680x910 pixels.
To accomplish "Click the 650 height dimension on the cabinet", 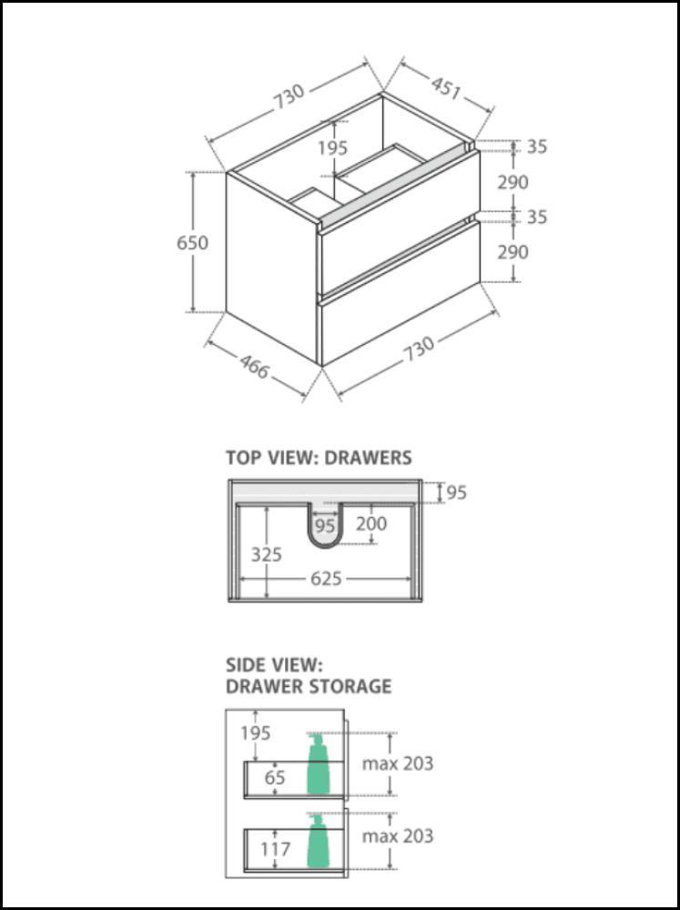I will tap(193, 243).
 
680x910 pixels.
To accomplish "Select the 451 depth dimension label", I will tap(445, 87).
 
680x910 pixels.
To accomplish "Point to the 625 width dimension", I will tap(325, 578).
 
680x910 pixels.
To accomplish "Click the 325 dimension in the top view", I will tap(267, 554).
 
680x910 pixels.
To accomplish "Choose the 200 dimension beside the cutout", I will tap(371, 524).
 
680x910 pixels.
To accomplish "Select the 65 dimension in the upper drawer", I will tap(275, 777).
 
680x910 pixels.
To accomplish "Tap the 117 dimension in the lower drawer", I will tap(275, 848).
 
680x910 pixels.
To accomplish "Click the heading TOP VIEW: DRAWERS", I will tap(319, 458).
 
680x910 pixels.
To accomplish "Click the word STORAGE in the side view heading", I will tap(350, 685).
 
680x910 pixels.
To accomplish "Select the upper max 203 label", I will tap(398, 763).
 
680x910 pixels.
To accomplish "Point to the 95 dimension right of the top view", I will tap(456, 492).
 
